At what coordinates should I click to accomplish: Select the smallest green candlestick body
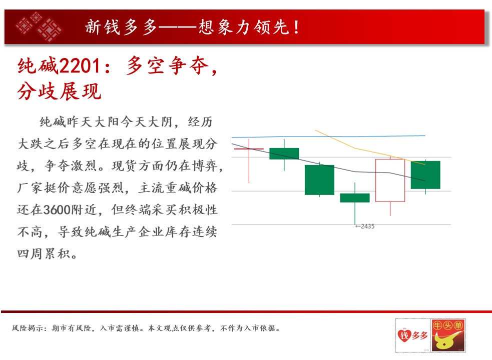355,198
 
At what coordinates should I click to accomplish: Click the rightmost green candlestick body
425,174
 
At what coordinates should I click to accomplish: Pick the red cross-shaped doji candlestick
249,148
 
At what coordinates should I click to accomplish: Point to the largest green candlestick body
319,179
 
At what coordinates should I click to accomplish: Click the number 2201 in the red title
80,66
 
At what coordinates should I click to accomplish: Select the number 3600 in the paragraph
57,209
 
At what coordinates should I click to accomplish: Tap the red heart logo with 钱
404,335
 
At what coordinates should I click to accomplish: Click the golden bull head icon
445,341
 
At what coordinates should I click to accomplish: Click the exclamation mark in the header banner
296,27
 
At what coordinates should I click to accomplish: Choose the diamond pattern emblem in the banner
39,26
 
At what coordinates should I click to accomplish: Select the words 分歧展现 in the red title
59,91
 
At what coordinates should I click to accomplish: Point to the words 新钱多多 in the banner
121,26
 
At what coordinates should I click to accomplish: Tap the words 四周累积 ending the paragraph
44,253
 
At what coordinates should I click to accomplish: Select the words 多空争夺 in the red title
167,66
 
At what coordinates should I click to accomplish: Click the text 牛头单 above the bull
448,325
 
